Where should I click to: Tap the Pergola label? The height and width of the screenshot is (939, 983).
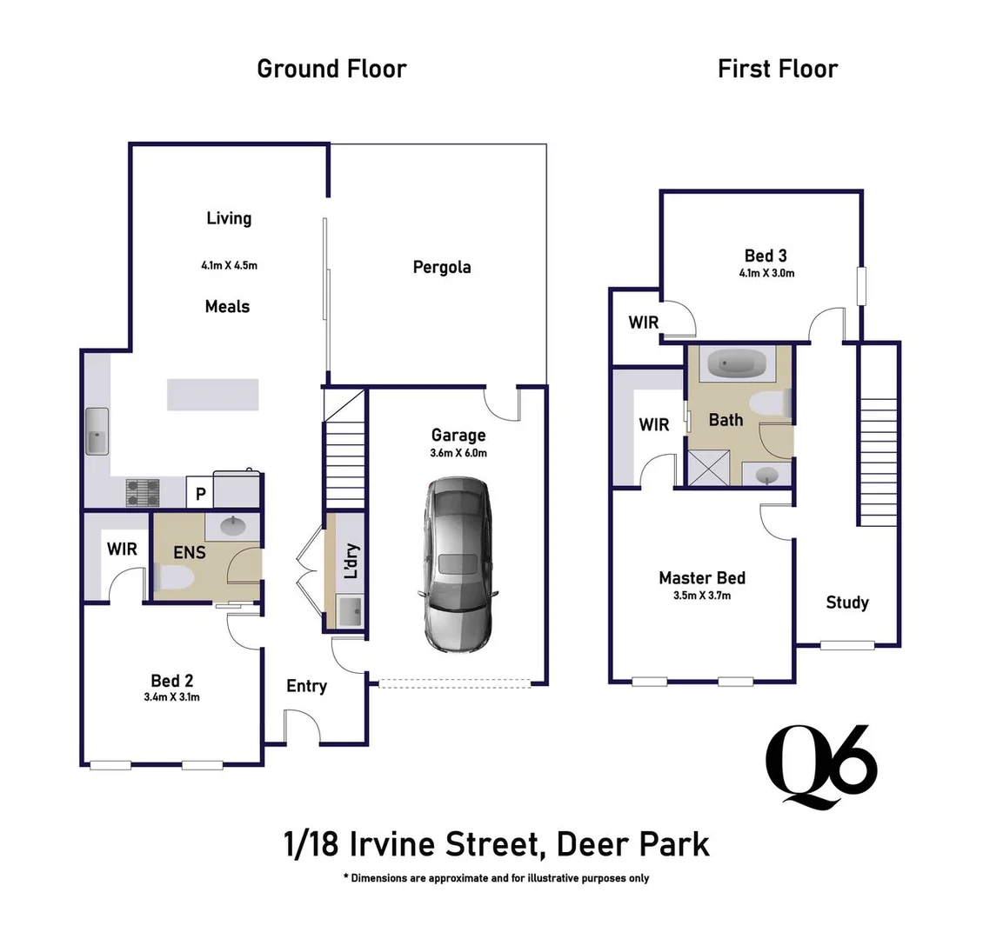tap(442, 267)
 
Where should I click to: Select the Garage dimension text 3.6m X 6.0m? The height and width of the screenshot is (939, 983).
tap(458, 453)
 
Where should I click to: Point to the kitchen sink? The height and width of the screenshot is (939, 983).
tap(97, 430)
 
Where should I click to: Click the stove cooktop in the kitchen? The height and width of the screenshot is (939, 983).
tap(144, 493)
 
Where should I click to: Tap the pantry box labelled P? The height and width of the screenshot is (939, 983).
tap(200, 494)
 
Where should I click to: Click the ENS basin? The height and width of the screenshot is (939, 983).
tap(231, 525)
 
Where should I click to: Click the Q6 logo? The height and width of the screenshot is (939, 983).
tap(820, 765)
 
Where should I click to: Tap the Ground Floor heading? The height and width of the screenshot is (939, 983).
tap(331, 69)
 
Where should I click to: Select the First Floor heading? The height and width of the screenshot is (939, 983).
tap(777, 69)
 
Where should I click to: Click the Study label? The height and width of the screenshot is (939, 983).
tap(846, 603)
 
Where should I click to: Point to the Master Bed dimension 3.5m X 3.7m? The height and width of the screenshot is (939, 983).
tap(701, 596)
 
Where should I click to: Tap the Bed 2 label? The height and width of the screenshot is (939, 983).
tap(171, 680)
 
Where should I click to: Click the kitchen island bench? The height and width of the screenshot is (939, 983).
tap(213, 394)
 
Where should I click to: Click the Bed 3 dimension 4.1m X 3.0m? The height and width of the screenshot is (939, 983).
tap(766, 273)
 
